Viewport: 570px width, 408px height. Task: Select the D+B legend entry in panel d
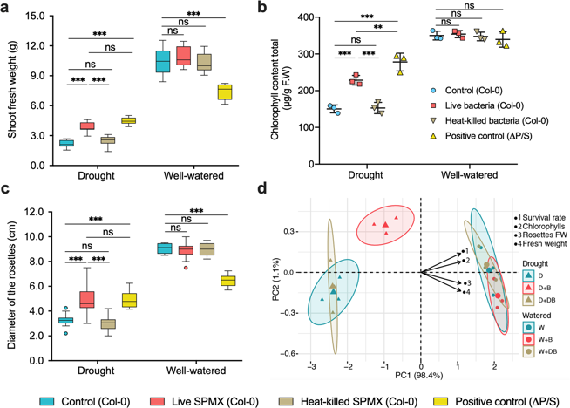click(x=540, y=287)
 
